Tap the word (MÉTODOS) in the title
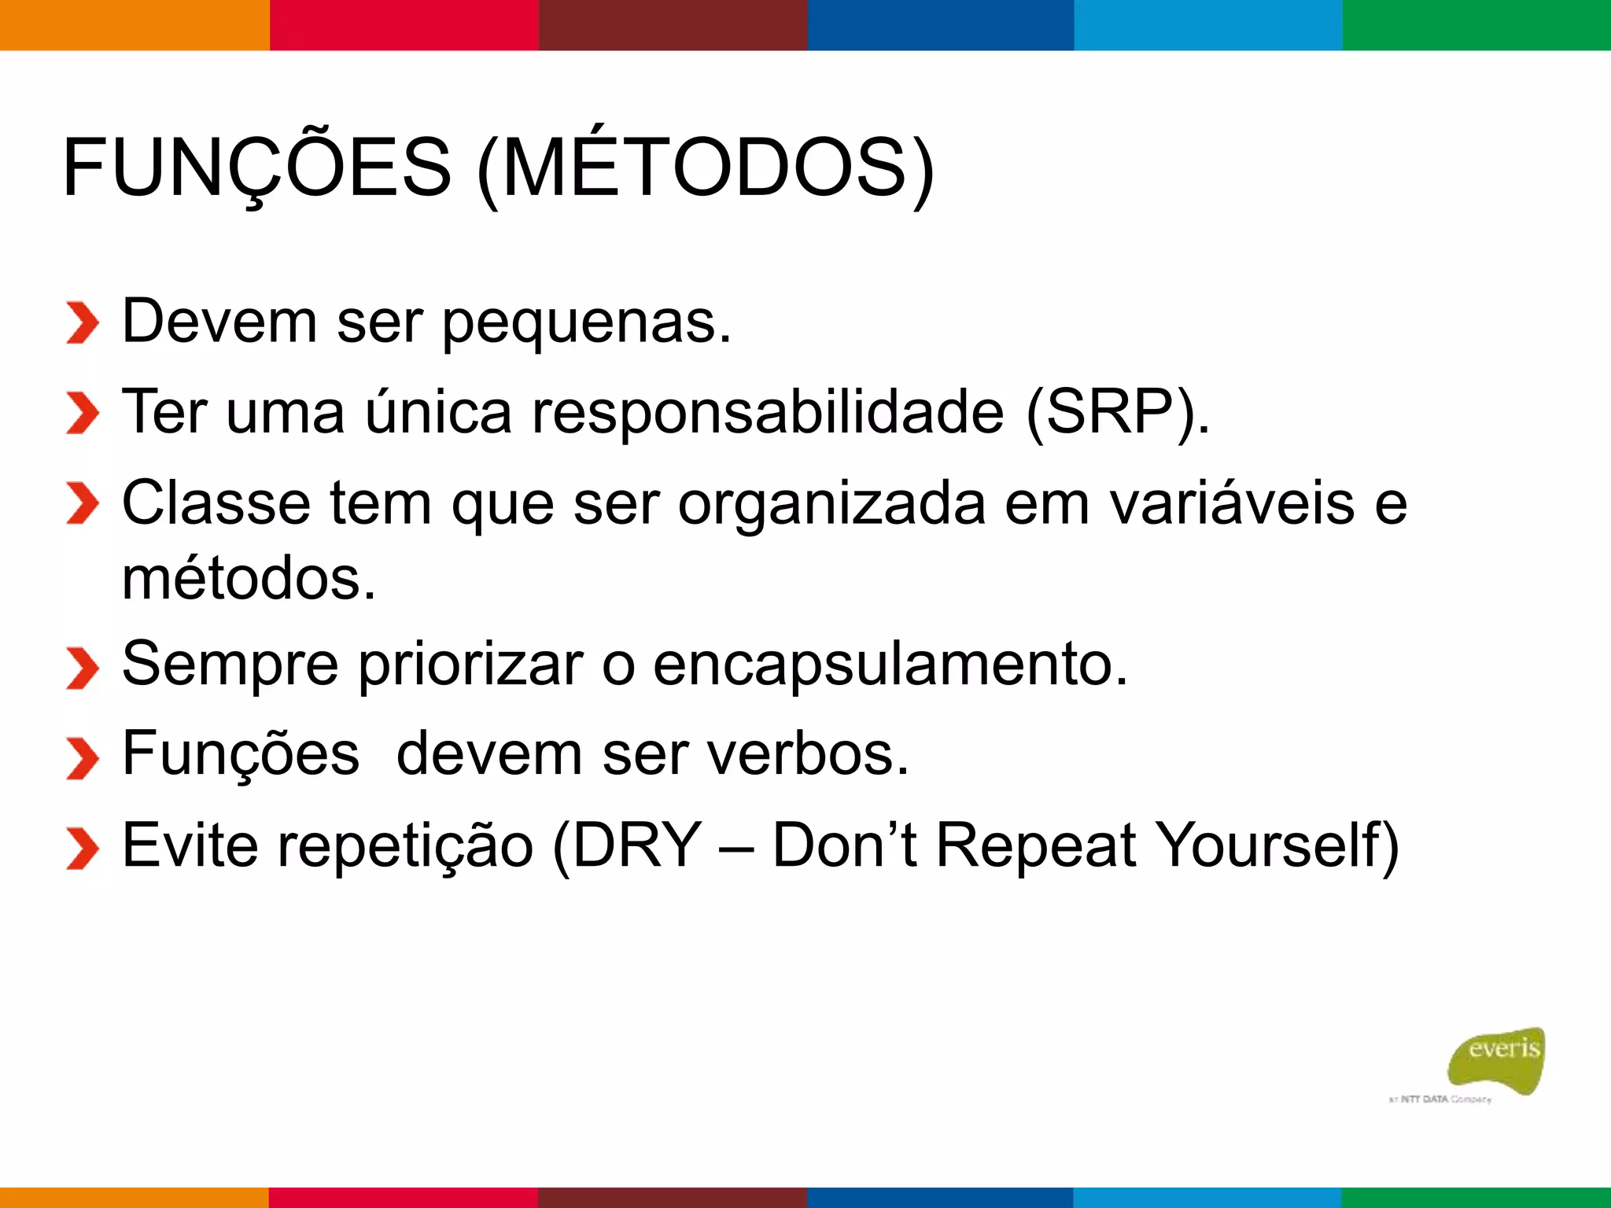pyautogui.click(x=706, y=168)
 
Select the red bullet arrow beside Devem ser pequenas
pyautogui.click(x=82, y=322)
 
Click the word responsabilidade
pyautogui.click(x=768, y=412)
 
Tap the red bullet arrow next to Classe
pyautogui.click(x=82, y=503)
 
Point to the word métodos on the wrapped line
pyautogui.click(x=249, y=579)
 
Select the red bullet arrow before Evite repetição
pyautogui.click(x=82, y=848)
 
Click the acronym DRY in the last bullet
pyautogui.click(x=636, y=845)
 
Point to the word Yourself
pyautogui.click(x=1278, y=845)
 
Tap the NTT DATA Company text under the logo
pyautogui.click(x=1440, y=1099)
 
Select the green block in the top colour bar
pyautogui.click(x=1476, y=25)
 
